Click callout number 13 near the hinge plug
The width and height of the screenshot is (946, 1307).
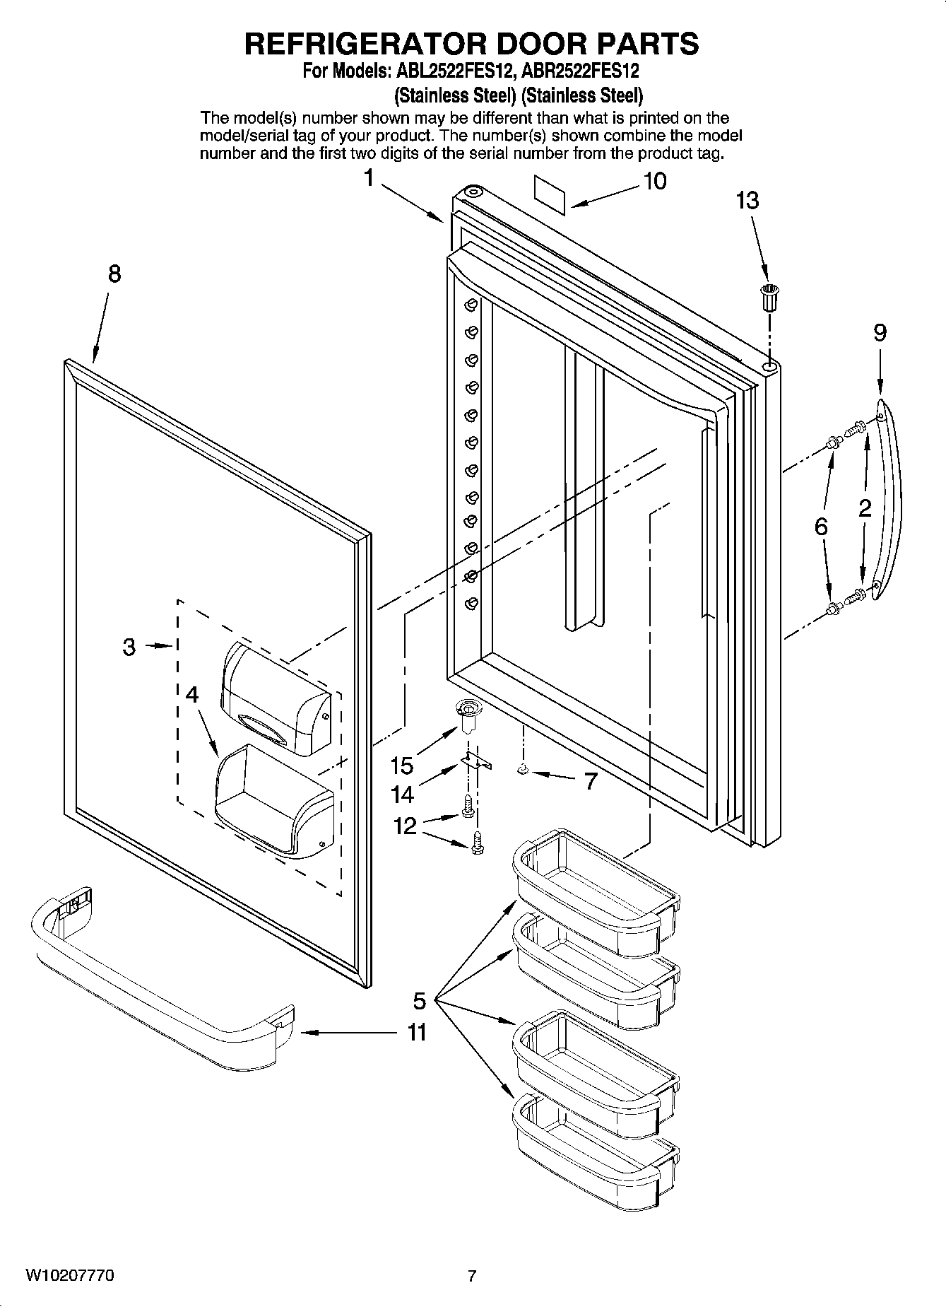click(747, 201)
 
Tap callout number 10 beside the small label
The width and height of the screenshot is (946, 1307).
click(655, 182)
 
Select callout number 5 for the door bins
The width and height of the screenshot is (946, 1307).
click(420, 1000)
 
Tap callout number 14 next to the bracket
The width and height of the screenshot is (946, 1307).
click(402, 795)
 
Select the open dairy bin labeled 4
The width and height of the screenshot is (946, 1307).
click(272, 799)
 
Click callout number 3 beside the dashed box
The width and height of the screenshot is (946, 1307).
click(129, 646)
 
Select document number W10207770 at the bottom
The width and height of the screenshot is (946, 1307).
click(70, 1275)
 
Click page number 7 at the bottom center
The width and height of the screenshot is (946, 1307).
click(471, 1276)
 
